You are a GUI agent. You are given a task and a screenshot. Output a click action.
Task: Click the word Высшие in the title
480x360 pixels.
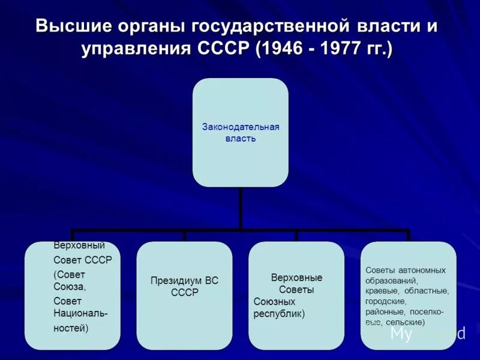click(x=71, y=27)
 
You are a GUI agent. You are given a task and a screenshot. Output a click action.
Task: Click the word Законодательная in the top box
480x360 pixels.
click(x=240, y=127)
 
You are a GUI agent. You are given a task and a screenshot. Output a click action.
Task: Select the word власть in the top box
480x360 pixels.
click(x=240, y=139)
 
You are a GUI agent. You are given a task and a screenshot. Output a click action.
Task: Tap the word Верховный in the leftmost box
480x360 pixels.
click(x=79, y=245)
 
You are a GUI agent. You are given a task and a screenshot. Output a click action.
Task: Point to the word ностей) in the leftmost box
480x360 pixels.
click(x=71, y=328)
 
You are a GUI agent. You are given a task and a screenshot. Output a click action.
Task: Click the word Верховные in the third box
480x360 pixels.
click(x=296, y=278)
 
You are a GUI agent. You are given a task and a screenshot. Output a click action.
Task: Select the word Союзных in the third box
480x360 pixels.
click(x=274, y=302)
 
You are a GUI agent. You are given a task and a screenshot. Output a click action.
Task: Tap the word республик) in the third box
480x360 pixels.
click(x=279, y=314)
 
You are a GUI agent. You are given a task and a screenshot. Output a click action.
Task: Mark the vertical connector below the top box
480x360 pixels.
click(x=240, y=208)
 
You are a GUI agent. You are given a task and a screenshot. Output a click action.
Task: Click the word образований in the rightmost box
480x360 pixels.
click(x=392, y=280)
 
